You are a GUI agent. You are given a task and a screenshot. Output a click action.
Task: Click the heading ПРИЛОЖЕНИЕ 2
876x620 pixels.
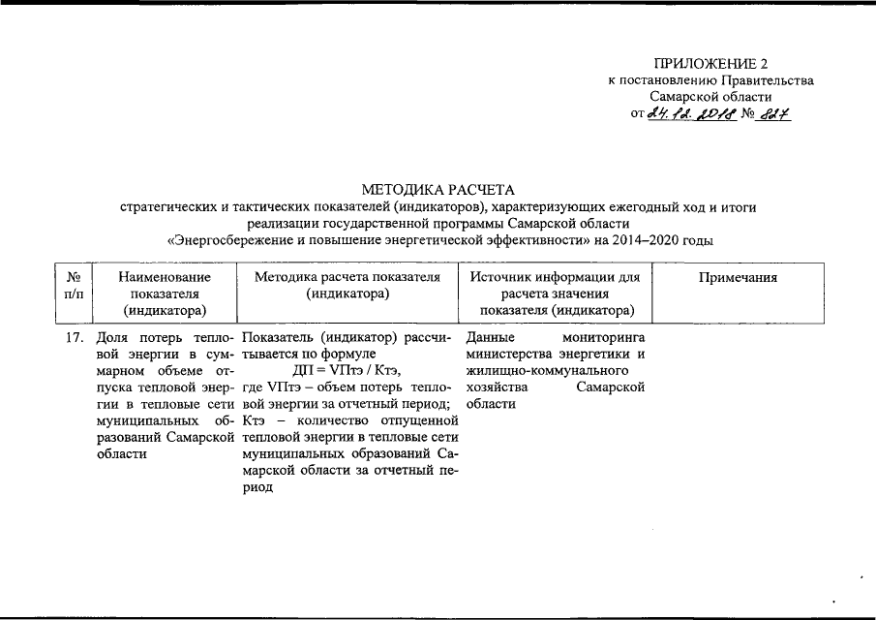click(x=710, y=64)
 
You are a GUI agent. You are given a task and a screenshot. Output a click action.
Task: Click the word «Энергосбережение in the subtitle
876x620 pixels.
click(x=226, y=239)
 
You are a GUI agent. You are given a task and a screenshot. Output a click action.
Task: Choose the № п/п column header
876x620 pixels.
click(x=73, y=286)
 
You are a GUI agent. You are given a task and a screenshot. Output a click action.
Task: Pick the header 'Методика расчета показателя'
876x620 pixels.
click(x=347, y=278)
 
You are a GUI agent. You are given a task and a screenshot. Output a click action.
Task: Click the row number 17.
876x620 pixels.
click(x=72, y=338)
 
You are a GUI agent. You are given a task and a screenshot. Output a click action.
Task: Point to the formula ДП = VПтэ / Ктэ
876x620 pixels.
click(x=346, y=370)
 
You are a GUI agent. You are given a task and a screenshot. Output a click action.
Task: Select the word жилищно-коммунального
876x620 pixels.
click(x=548, y=370)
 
